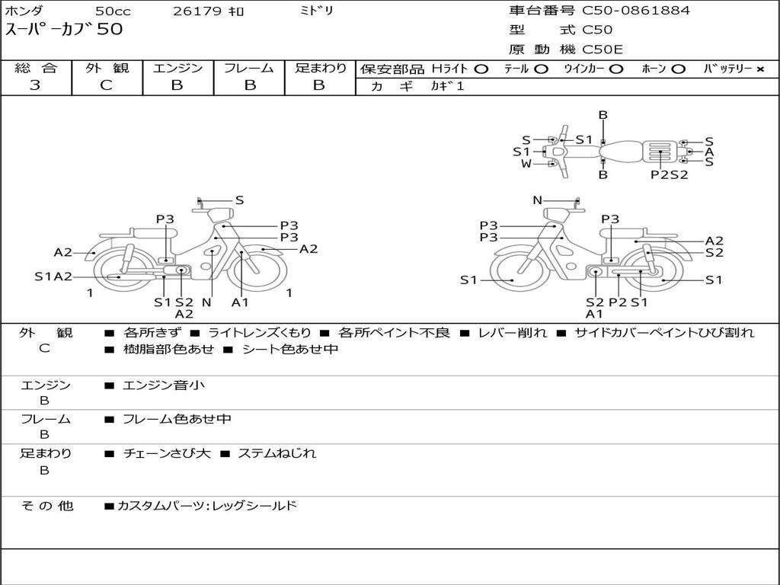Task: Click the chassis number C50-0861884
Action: [636, 11]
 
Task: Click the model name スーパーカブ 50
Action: [64, 29]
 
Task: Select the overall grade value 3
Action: [35, 85]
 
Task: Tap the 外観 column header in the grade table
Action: [107, 68]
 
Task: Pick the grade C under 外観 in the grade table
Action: [107, 85]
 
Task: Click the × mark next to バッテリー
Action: [760, 69]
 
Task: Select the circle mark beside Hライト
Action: [481, 69]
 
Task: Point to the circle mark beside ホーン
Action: [678, 69]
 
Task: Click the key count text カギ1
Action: [447, 86]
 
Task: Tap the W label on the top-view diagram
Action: [526, 164]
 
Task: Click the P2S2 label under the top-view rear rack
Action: [670, 174]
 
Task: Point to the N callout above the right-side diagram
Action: [537, 200]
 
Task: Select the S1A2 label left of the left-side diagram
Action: [53, 277]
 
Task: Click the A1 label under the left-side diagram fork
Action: [240, 302]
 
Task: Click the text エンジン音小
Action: [164, 385]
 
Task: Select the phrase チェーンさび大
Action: [167, 453]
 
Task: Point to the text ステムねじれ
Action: [277, 453]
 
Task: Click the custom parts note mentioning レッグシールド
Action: [207, 506]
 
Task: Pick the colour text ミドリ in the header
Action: [316, 11]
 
